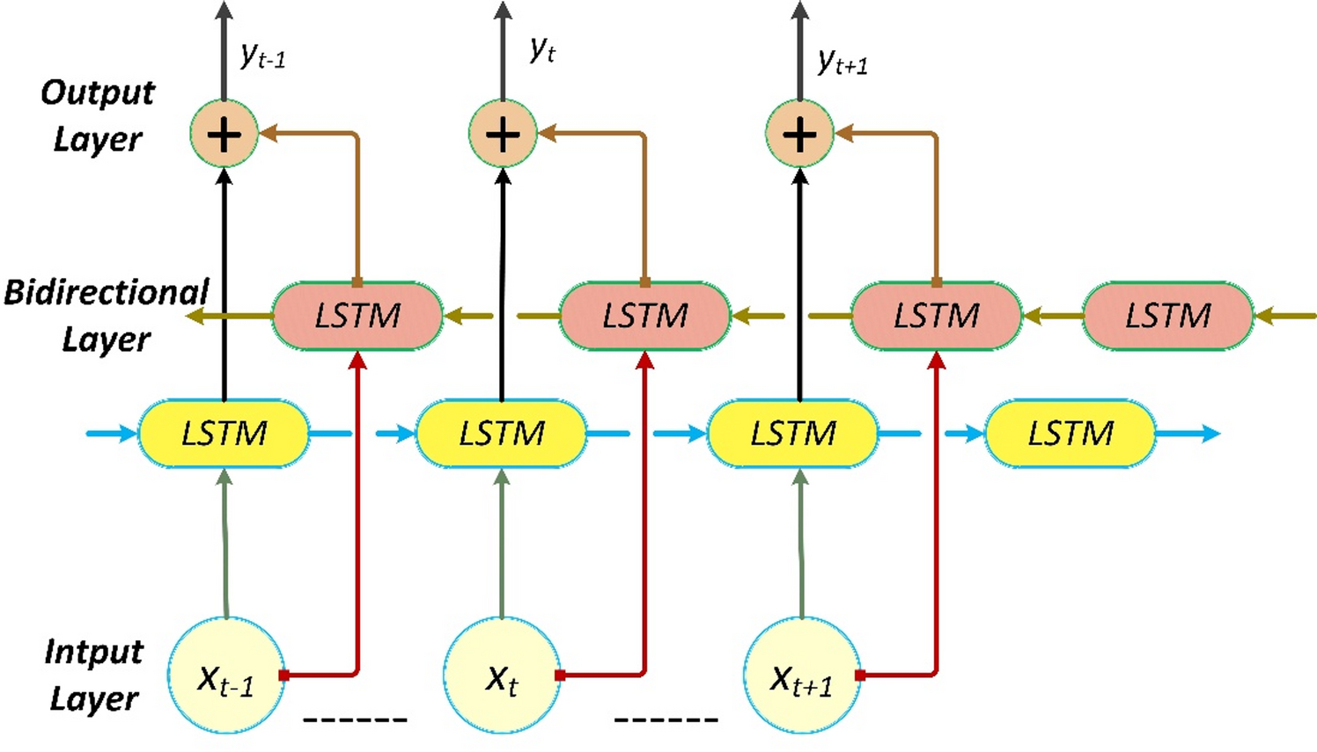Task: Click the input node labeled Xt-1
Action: tap(226, 675)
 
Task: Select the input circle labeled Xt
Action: tap(502, 675)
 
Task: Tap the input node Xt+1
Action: tap(801, 675)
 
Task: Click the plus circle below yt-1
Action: tap(224, 135)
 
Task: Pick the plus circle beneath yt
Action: tap(503, 135)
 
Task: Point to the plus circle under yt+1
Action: tap(799, 135)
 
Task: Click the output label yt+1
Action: tap(842, 62)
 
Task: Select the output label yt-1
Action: tap(262, 56)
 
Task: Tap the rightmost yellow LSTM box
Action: tap(1070, 433)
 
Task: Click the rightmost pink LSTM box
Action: tap(1167, 316)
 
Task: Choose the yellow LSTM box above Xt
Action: tap(502, 433)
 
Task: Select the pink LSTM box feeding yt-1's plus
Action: tap(357, 316)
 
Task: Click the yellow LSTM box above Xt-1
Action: tap(224, 433)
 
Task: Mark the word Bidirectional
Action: tap(106, 292)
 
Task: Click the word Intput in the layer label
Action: tap(93, 652)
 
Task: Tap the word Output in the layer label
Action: tap(98, 92)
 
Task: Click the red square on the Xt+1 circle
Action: tap(860, 675)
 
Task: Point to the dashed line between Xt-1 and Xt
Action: tap(355, 720)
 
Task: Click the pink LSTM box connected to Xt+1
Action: tap(936, 316)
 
